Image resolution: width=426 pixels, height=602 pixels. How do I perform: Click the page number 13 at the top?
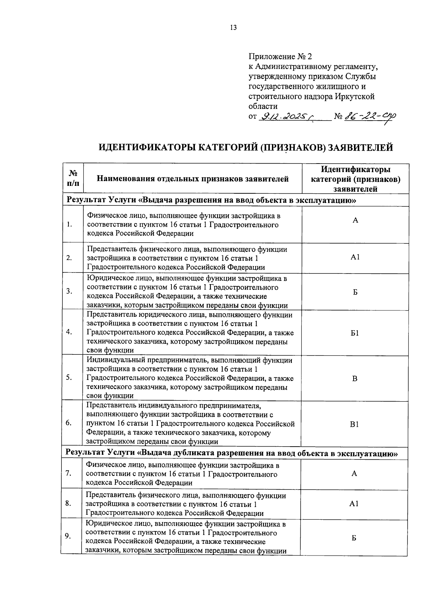pyautogui.click(x=233, y=28)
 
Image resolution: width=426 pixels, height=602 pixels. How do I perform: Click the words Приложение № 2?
pyautogui.click(x=279, y=56)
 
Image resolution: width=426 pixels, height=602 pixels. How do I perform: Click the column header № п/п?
pyautogui.click(x=73, y=178)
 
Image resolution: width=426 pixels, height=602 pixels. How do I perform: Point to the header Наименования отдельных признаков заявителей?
pyautogui.click(x=193, y=179)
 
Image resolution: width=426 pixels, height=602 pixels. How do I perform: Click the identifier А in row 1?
pyautogui.click(x=355, y=220)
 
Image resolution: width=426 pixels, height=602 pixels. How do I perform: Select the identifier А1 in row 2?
pyautogui.click(x=355, y=257)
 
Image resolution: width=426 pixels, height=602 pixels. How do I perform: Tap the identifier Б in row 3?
pyautogui.click(x=355, y=292)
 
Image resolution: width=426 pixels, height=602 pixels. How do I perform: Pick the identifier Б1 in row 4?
pyautogui.click(x=355, y=333)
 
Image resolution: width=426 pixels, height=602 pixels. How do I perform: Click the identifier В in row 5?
pyautogui.click(x=355, y=379)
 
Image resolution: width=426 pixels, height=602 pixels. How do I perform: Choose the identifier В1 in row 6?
pyautogui.click(x=355, y=424)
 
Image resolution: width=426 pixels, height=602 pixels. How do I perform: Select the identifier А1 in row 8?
pyautogui.click(x=354, y=504)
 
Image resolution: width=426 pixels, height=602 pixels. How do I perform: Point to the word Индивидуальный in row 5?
pyautogui.click(x=114, y=360)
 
